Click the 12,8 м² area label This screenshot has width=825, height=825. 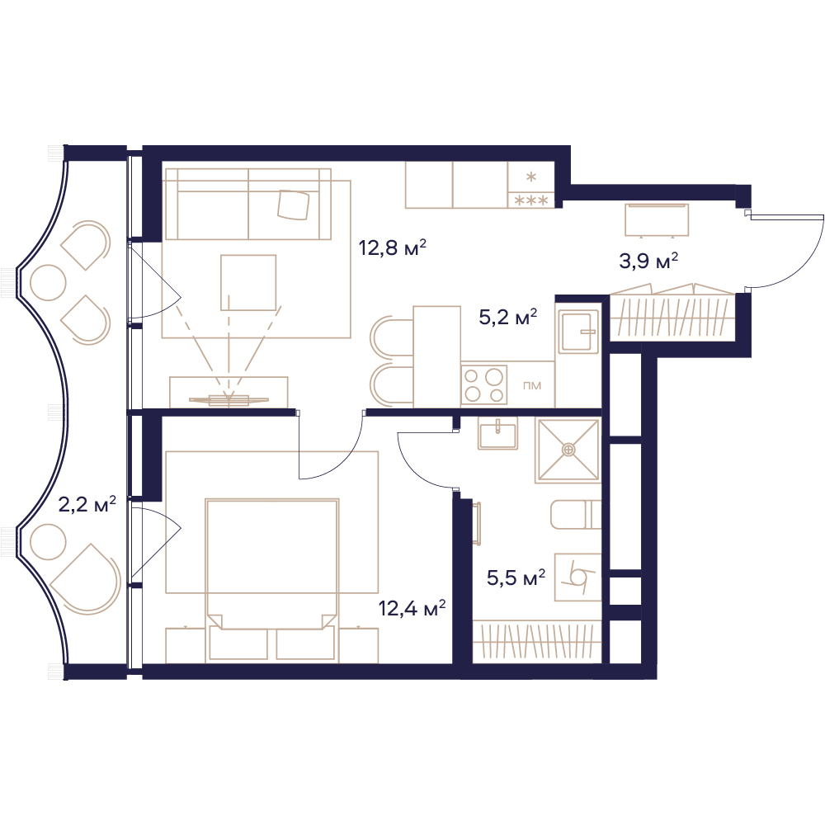tap(392, 247)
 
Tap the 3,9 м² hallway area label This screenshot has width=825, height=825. tap(648, 261)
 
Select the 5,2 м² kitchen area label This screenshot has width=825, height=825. tap(507, 317)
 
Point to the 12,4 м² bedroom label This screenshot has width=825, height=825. tap(412, 608)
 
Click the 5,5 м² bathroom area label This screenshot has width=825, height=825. tap(516, 577)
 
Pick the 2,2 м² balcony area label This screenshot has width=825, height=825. tap(87, 505)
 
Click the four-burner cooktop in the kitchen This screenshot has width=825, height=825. tap(484, 385)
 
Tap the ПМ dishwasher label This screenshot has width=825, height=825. tap(532, 385)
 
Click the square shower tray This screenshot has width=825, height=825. tap(568, 450)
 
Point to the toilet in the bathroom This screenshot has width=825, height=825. tap(576, 515)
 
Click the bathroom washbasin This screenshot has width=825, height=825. tap(497, 433)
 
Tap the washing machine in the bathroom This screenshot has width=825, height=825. tap(577, 577)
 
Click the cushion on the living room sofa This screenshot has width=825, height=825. tap(294, 205)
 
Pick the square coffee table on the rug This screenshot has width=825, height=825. tap(248, 282)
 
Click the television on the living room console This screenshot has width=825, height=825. tap(229, 400)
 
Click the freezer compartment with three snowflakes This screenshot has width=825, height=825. tap(530, 200)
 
